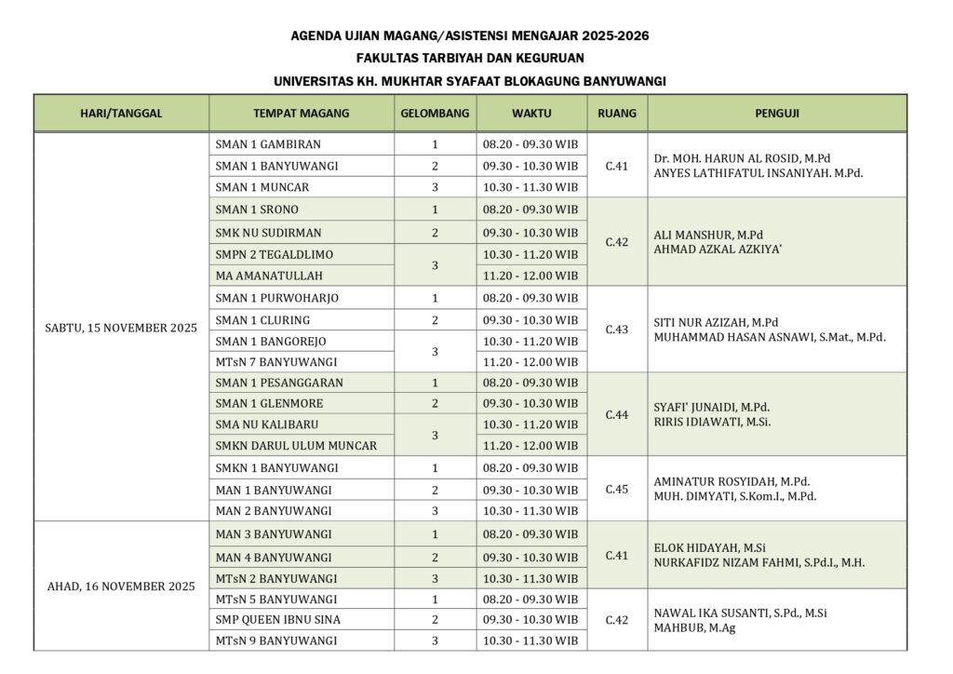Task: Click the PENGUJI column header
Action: tap(777, 114)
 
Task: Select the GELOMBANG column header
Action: tap(435, 114)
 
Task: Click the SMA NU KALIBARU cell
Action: tap(261, 425)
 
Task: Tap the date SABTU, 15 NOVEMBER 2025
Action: tap(121, 329)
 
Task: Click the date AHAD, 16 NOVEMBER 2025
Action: tap(121, 586)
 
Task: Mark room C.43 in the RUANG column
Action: tap(617, 330)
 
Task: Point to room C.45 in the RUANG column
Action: tap(617, 489)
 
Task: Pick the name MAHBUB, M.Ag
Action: tap(693, 629)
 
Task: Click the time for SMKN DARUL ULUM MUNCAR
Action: tap(530, 446)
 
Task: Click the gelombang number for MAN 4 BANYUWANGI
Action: tap(435, 558)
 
